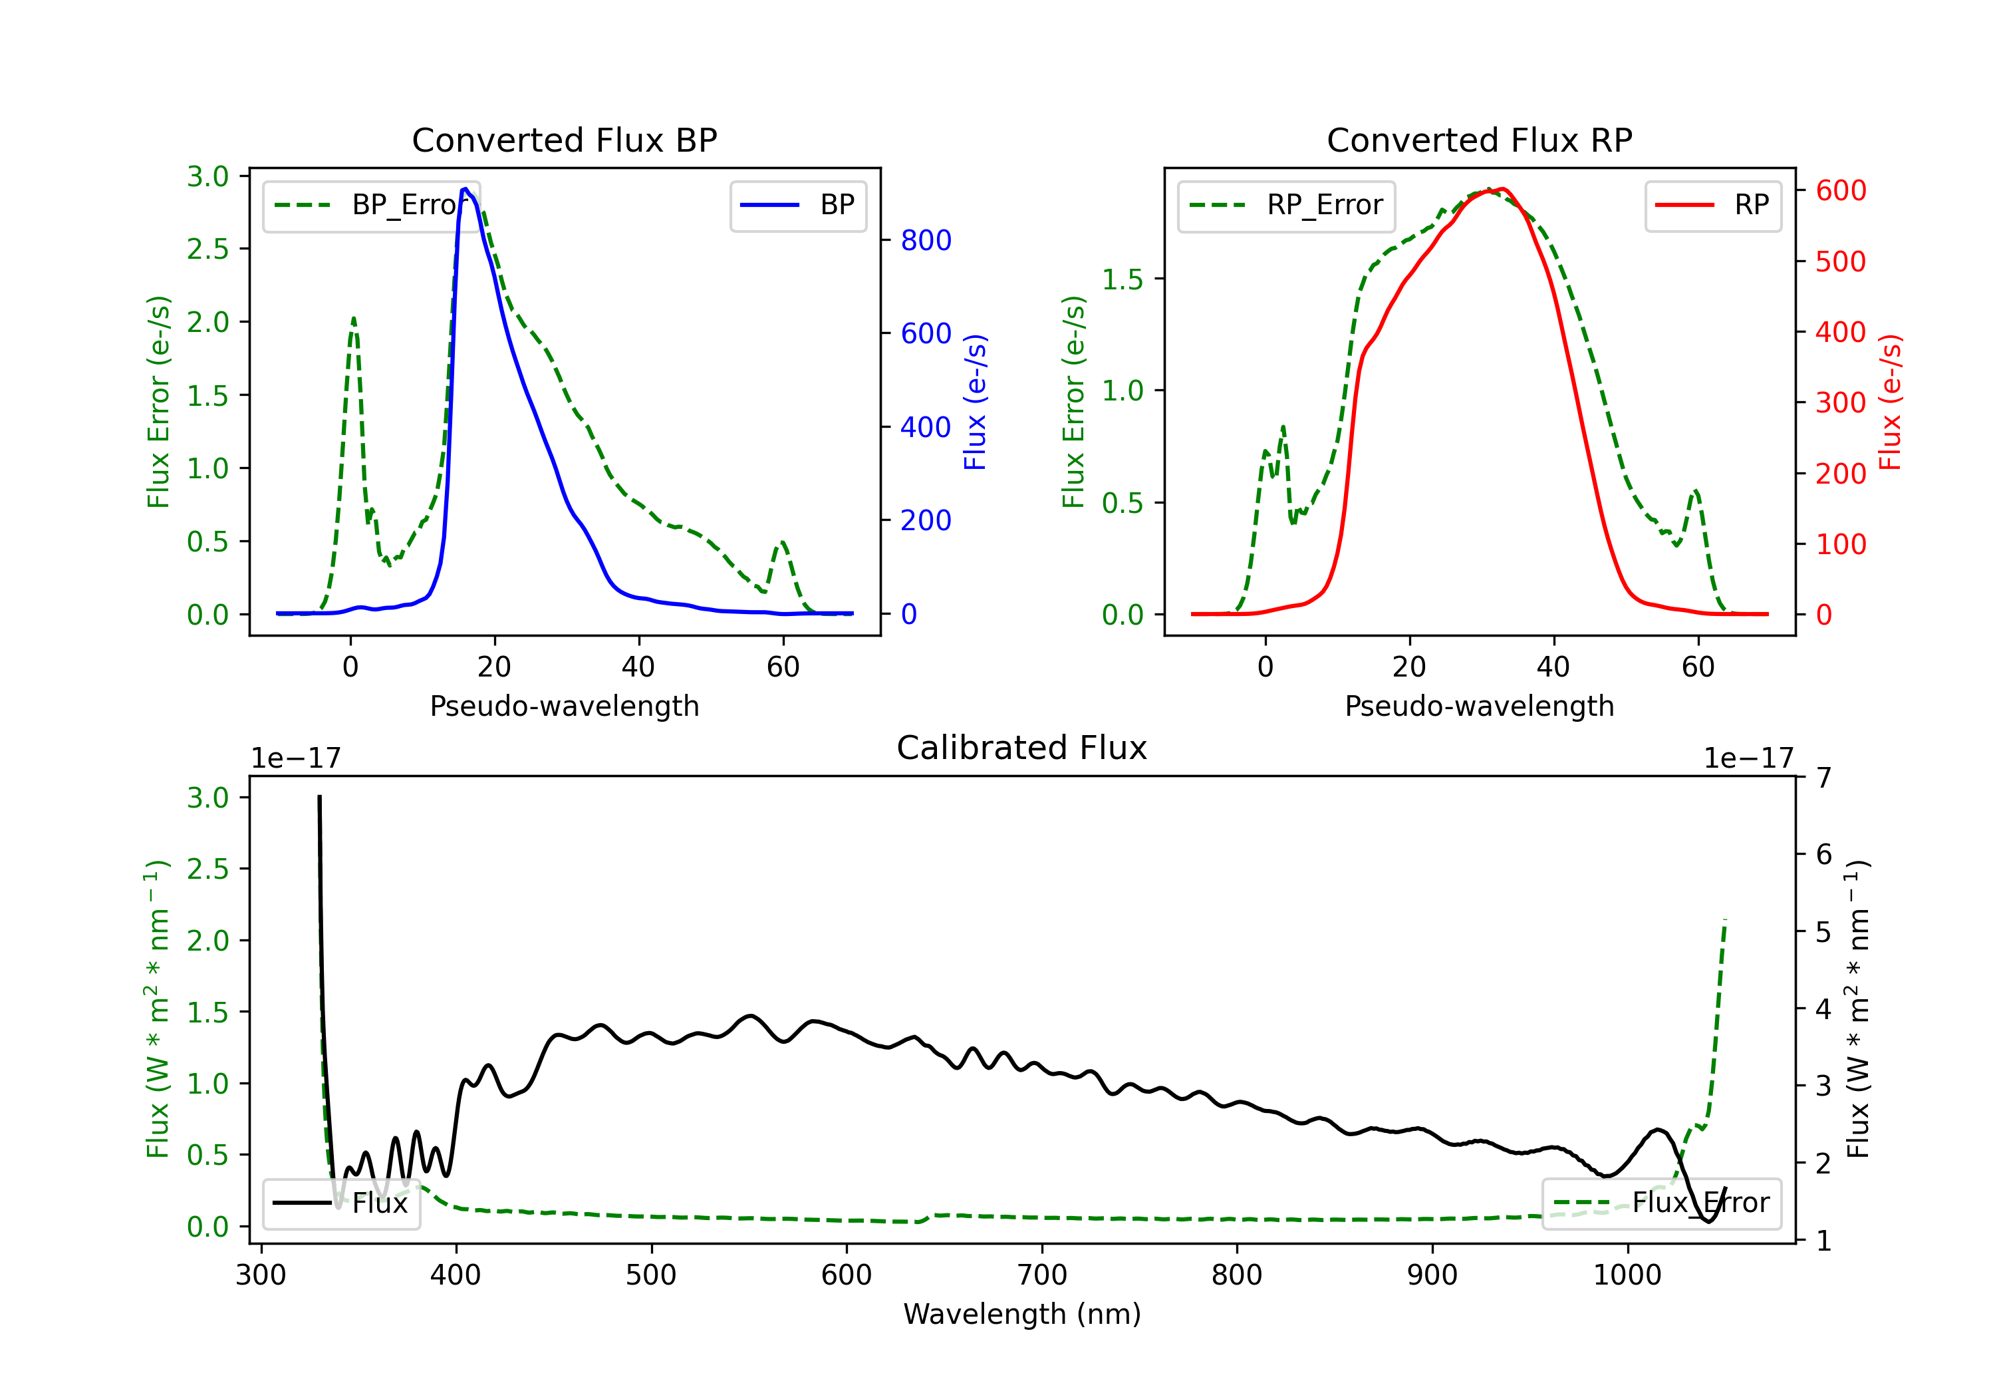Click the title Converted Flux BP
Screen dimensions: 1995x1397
tap(564, 140)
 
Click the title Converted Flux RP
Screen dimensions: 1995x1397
tap(1479, 140)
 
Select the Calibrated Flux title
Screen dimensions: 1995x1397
tap(1022, 748)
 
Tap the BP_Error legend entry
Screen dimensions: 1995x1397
tap(372, 205)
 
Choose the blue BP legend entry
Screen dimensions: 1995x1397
tap(797, 205)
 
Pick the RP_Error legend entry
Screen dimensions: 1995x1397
tap(1286, 205)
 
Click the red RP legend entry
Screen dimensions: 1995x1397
tap(1712, 205)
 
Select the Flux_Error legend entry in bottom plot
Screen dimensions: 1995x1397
tap(1661, 1203)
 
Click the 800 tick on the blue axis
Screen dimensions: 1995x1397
tap(926, 240)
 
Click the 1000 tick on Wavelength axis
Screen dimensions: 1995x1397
tap(1627, 1275)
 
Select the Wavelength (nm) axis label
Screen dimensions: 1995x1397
tap(1022, 1314)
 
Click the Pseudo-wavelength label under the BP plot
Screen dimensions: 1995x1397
tap(564, 706)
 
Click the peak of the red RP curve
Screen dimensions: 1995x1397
tap(1502, 189)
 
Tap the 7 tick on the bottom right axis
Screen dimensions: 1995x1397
tap(1824, 777)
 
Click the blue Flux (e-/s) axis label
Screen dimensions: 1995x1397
tap(975, 402)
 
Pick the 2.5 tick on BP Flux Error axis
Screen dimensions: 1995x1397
tap(207, 249)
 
